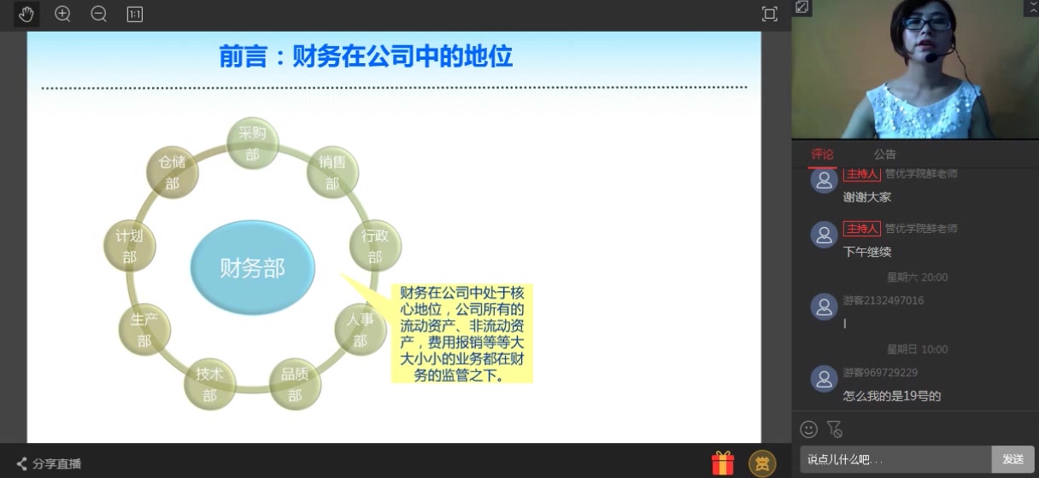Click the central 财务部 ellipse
coord(252,268)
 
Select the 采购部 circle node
coord(252,143)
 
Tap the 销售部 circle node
coord(332,172)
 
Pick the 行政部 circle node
coord(375,246)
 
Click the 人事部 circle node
coord(360,329)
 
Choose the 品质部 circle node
coord(295,384)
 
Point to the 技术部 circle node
coord(209,384)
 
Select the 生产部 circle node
coord(144,329)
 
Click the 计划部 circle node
coord(129,246)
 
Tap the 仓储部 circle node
coord(172,172)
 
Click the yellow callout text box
coord(462,333)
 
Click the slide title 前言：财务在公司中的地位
coord(366,56)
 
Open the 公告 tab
coord(884,154)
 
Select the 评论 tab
coord(822,154)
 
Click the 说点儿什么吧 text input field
coord(895,459)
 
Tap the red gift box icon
coord(723,463)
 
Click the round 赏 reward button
coord(762,463)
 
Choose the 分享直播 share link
coord(50,463)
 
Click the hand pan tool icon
coord(26,14)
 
